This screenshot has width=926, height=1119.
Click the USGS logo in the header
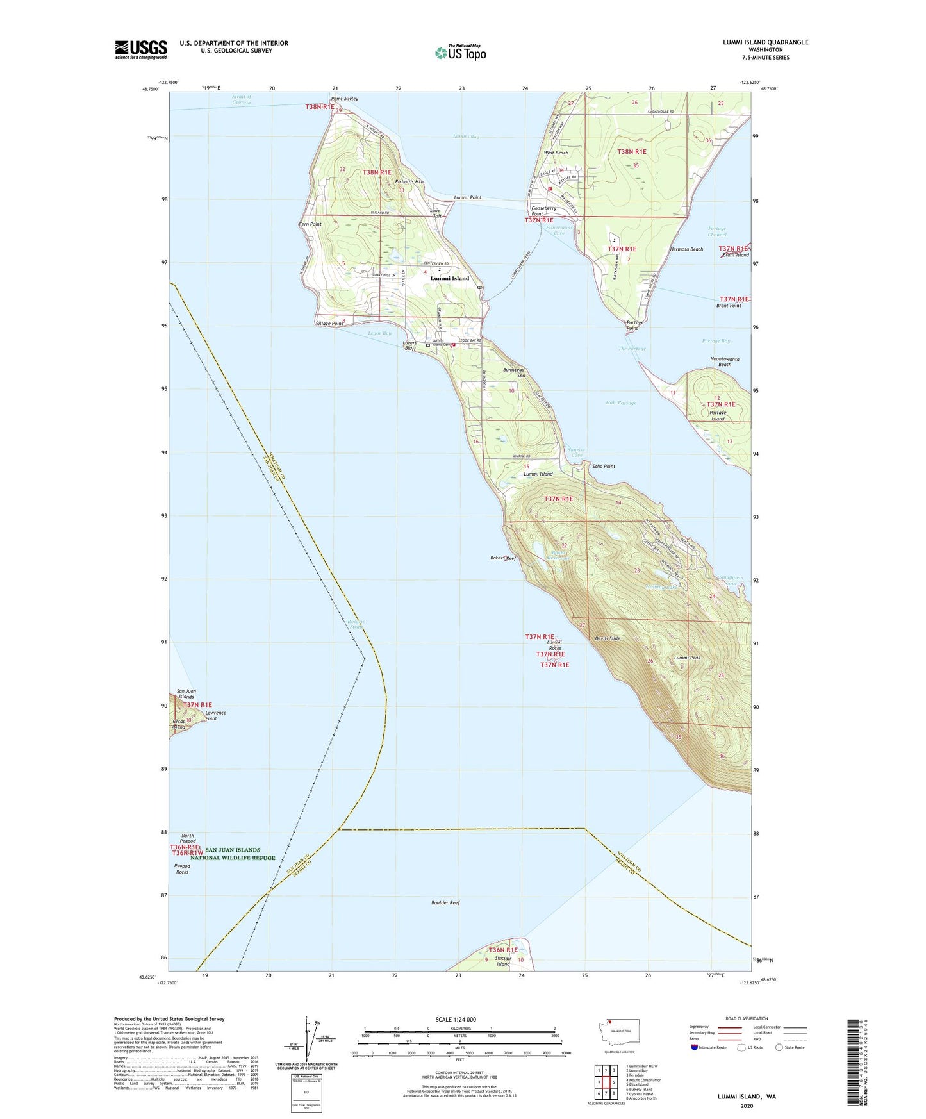click(140, 49)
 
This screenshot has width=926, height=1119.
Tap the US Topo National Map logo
click(460, 53)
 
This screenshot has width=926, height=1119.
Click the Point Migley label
click(344, 99)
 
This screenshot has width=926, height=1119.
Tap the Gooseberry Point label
click(543, 211)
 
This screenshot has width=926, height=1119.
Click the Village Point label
click(329, 324)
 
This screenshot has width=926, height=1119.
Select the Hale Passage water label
click(620, 403)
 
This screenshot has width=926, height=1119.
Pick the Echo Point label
click(603, 466)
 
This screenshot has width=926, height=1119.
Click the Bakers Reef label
click(502, 558)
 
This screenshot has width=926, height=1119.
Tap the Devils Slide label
click(607, 638)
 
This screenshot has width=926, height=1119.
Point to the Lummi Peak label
click(687, 658)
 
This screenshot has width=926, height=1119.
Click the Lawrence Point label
click(215, 715)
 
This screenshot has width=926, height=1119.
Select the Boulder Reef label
click(445, 902)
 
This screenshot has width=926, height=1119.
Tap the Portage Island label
click(718, 415)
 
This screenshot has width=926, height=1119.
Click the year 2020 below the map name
click(746, 1106)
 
